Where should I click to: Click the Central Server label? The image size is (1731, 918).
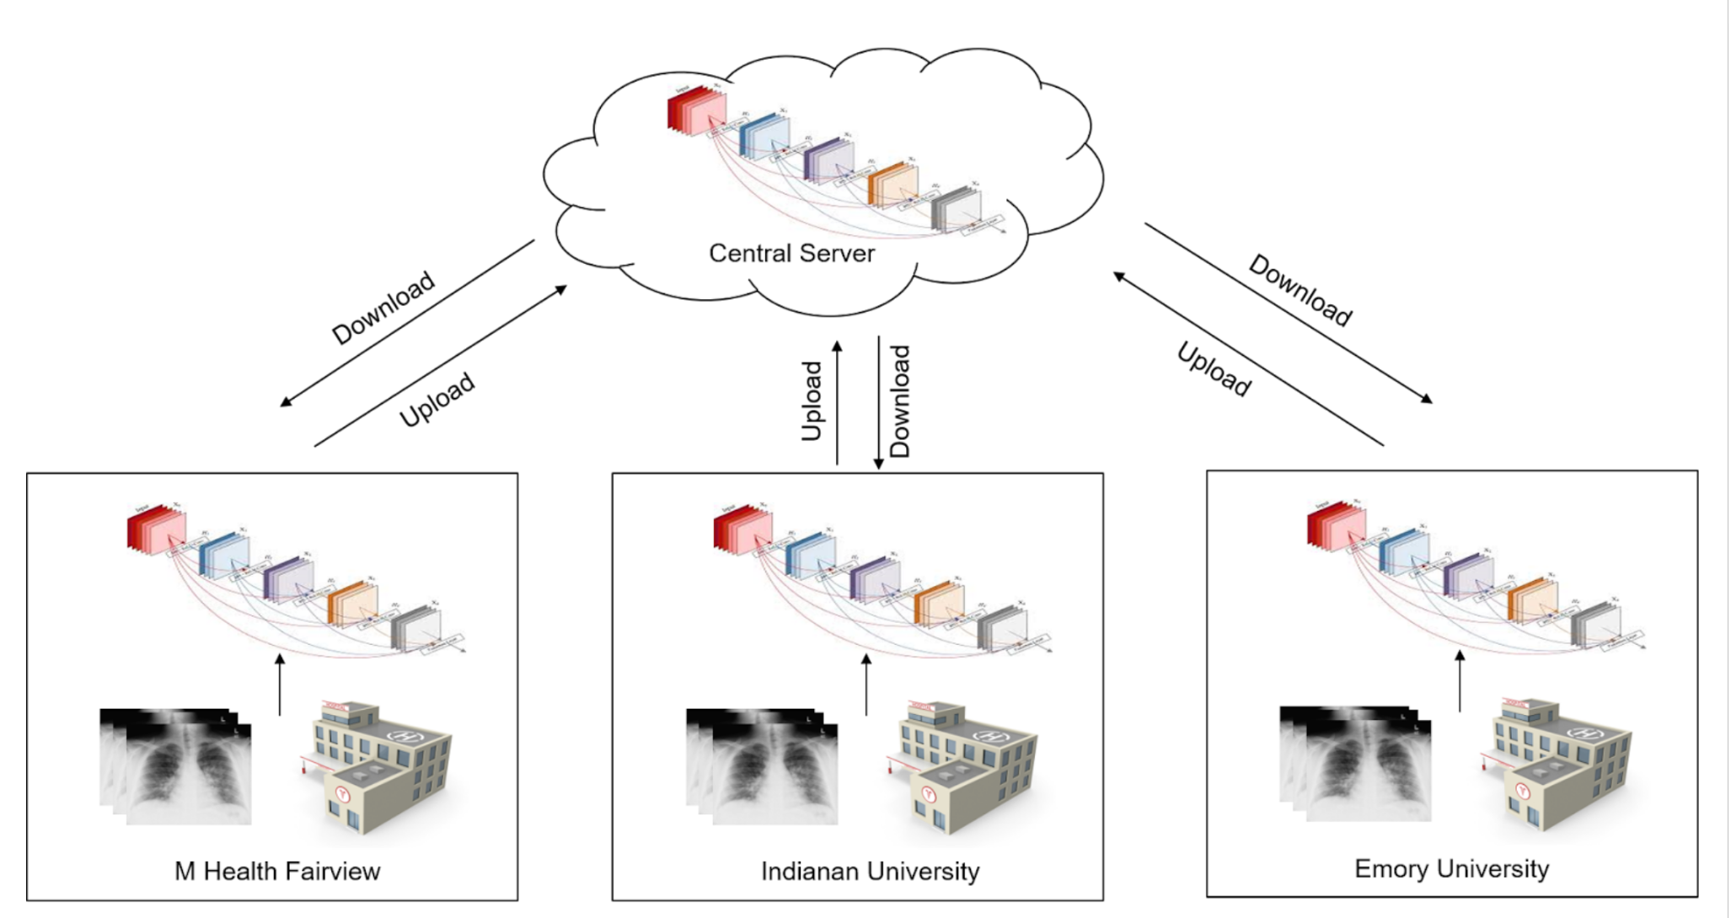point(791,253)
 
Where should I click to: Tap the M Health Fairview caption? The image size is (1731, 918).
point(277,871)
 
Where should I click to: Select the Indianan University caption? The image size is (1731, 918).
point(870,871)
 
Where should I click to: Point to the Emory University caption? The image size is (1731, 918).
point(1451,869)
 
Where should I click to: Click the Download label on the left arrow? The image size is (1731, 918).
point(383,308)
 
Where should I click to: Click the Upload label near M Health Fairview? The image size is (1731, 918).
point(437,400)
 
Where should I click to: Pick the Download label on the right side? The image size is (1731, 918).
point(1300,290)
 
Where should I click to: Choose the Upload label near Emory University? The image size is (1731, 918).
point(1214,369)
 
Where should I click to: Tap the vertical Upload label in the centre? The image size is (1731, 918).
point(812,401)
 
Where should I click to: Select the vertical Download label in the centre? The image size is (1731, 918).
point(900,401)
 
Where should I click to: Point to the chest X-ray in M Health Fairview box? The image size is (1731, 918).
point(177,765)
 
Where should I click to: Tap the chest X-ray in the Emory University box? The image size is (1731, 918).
point(1357,763)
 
